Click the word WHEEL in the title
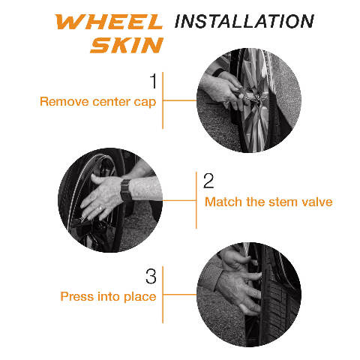click(109, 22)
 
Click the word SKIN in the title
click(127, 45)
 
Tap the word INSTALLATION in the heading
click(244, 21)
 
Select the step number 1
click(153, 81)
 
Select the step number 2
click(208, 181)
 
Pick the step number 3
click(151, 276)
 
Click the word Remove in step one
click(64, 102)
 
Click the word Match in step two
click(223, 202)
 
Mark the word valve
click(317, 202)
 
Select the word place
click(140, 297)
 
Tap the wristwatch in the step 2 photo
click(126, 190)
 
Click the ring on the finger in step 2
click(100, 208)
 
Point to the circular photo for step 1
click(249, 100)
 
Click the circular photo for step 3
click(249, 295)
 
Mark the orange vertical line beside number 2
click(196, 200)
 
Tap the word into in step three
click(109, 296)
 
